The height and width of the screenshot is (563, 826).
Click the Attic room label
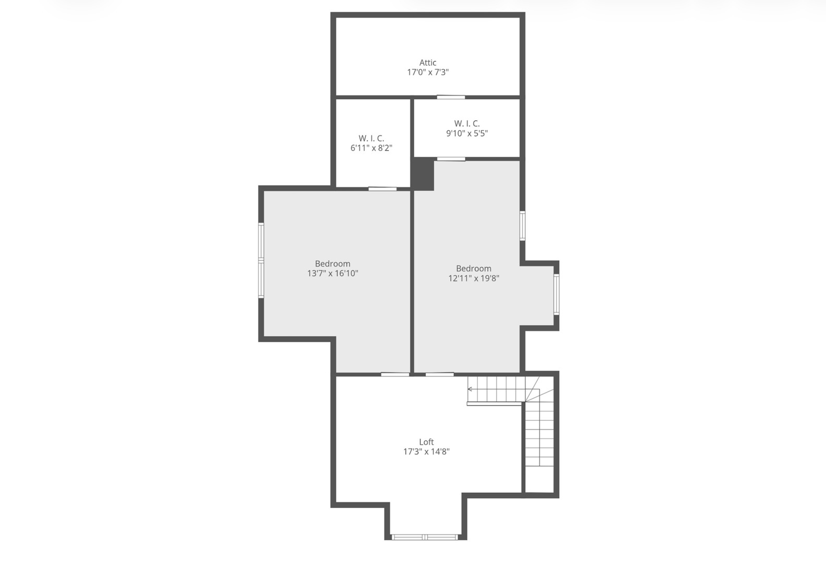pyautogui.click(x=428, y=63)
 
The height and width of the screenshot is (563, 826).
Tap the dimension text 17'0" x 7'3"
pyautogui.click(x=428, y=72)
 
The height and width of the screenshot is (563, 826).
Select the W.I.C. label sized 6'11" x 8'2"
pyautogui.click(x=371, y=138)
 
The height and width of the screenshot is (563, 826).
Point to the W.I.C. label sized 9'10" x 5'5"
pyautogui.click(x=467, y=124)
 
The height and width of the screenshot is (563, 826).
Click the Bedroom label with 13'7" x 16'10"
pyautogui.click(x=332, y=264)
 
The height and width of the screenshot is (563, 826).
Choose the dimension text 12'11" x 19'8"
pyautogui.click(x=474, y=278)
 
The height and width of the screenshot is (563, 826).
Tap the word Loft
pyautogui.click(x=426, y=442)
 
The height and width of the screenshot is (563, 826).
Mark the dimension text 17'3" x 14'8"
pyautogui.click(x=426, y=452)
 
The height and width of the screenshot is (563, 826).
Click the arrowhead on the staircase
pyautogui.click(x=470, y=389)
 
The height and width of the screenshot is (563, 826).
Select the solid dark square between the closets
pyautogui.click(x=423, y=174)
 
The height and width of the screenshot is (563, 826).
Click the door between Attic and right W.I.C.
pyautogui.click(x=451, y=97)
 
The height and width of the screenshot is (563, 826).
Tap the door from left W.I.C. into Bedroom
pyautogui.click(x=383, y=189)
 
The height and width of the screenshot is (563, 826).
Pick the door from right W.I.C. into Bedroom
pyautogui.click(x=451, y=159)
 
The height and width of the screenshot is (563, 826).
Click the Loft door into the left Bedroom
pyautogui.click(x=395, y=374)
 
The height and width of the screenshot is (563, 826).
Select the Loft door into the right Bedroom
pyautogui.click(x=439, y=374)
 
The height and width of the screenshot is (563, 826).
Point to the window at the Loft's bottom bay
pyautogui.click(x=425, y=537)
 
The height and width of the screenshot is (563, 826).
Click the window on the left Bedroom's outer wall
pyautogui.click(x=261, y=260)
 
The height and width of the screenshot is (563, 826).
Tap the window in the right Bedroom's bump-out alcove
pyautogui.click(x=556, y=295)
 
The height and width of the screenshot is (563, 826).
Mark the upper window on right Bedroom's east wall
pyautogui.click(x=522, y=226)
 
